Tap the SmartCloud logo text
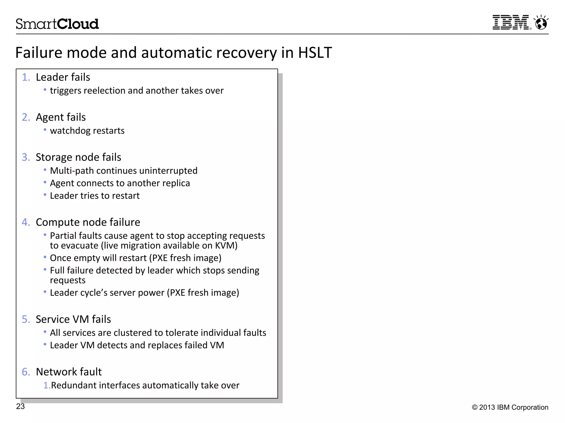(x=57, y=24)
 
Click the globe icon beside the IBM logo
(x=541, y=23)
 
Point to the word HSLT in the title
(x=315, y=53)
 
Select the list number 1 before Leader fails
(x=26, y=77)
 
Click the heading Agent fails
(x=61, y=117)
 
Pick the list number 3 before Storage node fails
(x=26, y=158)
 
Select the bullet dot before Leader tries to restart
(x=45, y=195)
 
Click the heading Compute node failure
(x=88, y=222)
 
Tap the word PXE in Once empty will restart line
(x=160, y=258)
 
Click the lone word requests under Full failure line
(x=68, y=280)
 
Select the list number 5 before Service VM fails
(x=26, y=319)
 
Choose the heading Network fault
(x=69, y=372)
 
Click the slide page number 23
(x=20, y=406)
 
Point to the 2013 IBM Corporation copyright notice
(x=510, y=407)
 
